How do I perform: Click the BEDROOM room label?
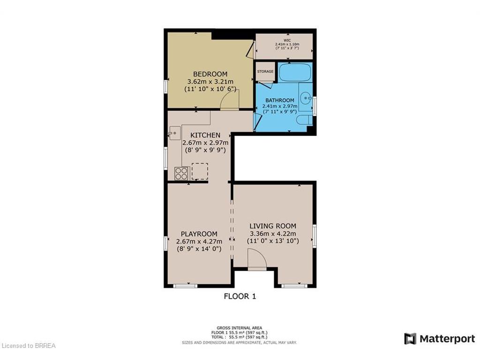click(x=210, y=74)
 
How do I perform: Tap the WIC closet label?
click(x=287, y=40)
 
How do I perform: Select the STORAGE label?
click(x=265, y=71)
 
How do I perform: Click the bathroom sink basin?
click(x=306, y=98)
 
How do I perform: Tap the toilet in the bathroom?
click(x=304, y=121)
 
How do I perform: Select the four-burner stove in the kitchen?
click(x=181, y=173)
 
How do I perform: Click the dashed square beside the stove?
click(x=200, y=171)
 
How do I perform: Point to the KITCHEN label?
click(x=205, y=135)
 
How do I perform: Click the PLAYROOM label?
click(x=199, y=234)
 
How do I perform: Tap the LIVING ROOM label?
click(x=273, y=226)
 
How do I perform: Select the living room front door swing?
click(x=256, y=259)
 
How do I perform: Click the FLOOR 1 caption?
click(x=240, y=296)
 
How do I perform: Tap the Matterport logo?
click(x=440, y=339)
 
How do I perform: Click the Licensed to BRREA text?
click(x=29, y=346)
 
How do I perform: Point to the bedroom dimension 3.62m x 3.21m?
click(x=210, y=82)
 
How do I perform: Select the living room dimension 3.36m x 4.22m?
click(x=273, y=233)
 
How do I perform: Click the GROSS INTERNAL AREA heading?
click(x=239, y=328)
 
